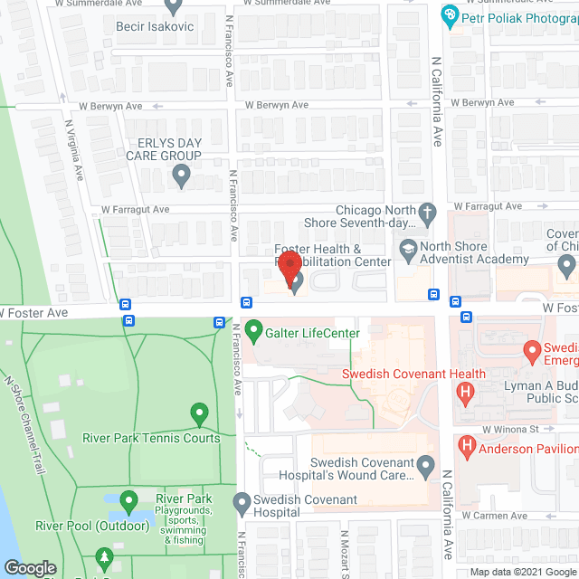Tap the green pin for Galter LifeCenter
[x=253, y=330]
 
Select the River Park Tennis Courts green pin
[x=199, y=415]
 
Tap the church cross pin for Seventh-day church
[x=428, y=215]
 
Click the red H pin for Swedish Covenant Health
[x=466, y=393]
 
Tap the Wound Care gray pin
[x=428, y=467]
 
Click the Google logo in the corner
[x=29, y=568]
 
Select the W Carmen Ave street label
[x=493, y=516]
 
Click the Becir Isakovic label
[x=155, y=26]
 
